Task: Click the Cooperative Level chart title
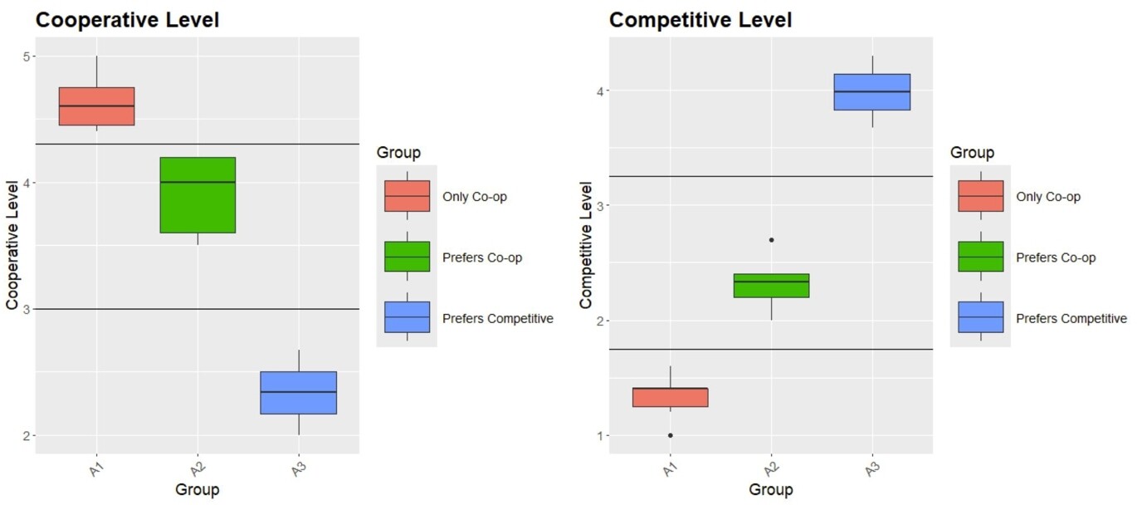(x=127, y=20)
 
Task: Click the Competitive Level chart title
(x=700, y=20)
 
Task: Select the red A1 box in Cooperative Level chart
(x=97, y=106)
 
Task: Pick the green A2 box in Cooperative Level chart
(x=198, y=195)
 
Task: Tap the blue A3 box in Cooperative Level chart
(x=298, y=392)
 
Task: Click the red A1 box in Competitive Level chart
(x=670, y=397)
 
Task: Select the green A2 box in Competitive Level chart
(x=771, y=286)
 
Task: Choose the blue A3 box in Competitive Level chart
(x=872, y=92)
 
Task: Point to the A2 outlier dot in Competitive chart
(x=771, y=240)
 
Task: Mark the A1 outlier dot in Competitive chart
(x=670, y=435)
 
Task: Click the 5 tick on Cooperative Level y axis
(x=26, y=56)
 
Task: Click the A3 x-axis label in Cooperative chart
(x=299, y=468)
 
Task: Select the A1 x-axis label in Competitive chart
(x=670, y=468)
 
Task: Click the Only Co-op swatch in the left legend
(x=407, y=196)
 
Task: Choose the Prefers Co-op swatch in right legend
(x=980, y=257)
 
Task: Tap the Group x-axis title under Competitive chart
(x=771, y=490)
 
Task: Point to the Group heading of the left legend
(x=398, y=153)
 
